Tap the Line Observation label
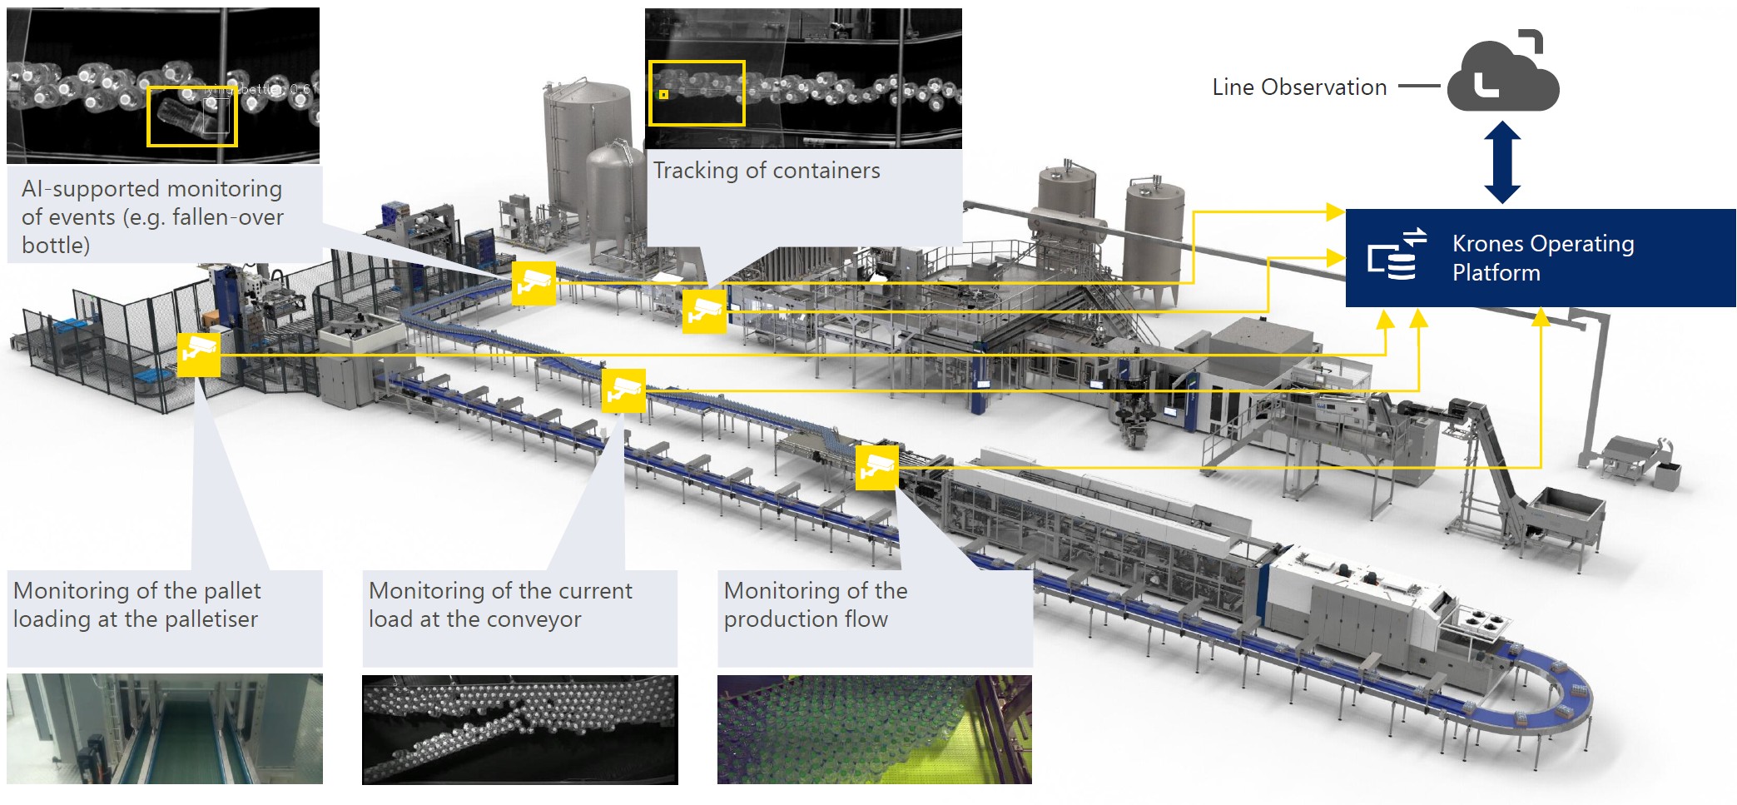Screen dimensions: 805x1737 click(1298, 87)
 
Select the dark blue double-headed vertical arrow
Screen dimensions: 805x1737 click(1502, 162)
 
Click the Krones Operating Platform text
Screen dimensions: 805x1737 click(1542, 258)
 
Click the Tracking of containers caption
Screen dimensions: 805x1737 click(766, 171)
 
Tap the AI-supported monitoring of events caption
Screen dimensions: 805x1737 click(152, 216)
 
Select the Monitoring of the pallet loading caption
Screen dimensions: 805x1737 click(136, 605)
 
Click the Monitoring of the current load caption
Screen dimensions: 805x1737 click(499, 605)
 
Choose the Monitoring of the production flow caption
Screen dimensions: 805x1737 click(815, 605)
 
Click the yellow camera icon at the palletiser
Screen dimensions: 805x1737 click(198, 355)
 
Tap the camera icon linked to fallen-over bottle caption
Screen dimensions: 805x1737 click(533, 283)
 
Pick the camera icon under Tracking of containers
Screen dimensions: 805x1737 click(704, 311)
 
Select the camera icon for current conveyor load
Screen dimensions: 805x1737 click(623, 390)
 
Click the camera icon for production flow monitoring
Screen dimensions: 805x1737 click(876, 468)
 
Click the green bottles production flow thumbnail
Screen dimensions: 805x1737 click(874, 729)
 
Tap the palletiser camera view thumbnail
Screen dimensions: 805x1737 click(164, 729)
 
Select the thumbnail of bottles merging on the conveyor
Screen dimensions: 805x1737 click(519, 729)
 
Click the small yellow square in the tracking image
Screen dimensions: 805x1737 click(663, 94)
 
